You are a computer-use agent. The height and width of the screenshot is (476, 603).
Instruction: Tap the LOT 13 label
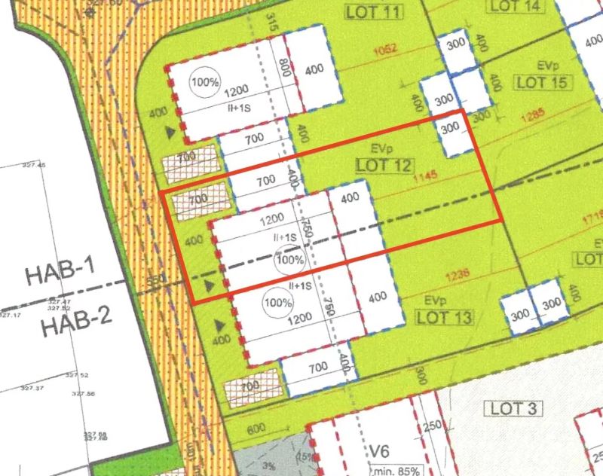[444, 317]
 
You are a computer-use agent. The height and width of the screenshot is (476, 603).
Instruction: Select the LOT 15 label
[541, 82]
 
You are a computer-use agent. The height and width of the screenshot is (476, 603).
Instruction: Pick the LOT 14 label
[516, 6]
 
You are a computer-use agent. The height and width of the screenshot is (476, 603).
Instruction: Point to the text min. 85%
[396, 468]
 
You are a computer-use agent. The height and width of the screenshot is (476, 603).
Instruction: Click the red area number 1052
[384, 50]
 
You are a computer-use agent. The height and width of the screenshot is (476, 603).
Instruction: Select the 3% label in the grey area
[268, 466]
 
